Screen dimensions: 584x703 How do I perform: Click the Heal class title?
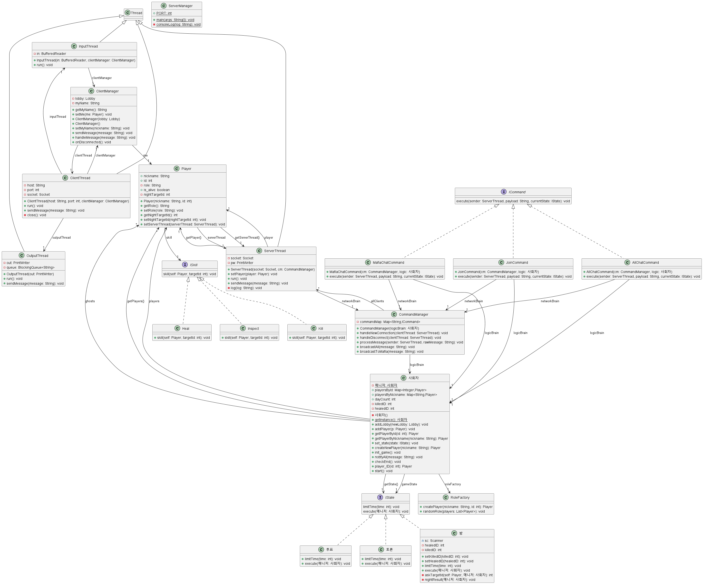pos(186,329)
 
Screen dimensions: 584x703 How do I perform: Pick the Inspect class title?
pos(253,329)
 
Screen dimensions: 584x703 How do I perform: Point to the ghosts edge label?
pos(90,301)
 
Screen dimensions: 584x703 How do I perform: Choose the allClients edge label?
pos(377,301)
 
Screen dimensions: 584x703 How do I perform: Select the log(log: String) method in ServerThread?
pos(246,288)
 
